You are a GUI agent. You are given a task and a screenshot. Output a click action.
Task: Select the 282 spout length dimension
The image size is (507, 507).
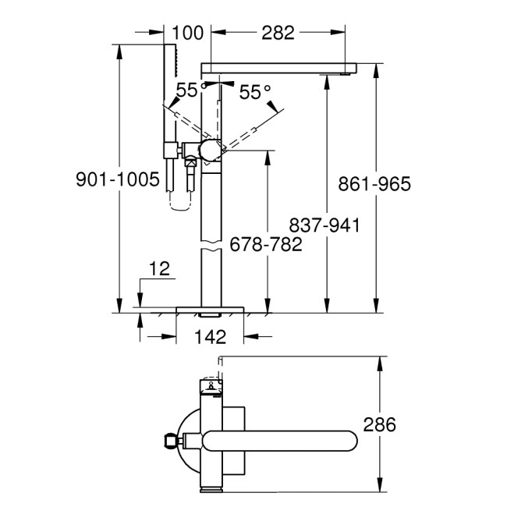[x=278, y=33]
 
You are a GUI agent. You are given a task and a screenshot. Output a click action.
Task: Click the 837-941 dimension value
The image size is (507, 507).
[x=324, y=225]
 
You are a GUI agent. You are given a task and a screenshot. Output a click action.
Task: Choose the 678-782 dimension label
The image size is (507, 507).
[x=266, y=244]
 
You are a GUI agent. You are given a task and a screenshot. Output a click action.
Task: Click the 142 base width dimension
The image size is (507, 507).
[x=210, y=337]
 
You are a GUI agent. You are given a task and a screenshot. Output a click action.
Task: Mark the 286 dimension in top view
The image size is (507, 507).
[x=380, y=424]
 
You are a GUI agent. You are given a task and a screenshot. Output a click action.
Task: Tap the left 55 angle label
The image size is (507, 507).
[x=186, y=91]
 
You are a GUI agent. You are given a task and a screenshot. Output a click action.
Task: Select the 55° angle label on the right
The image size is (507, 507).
[x=254, y=93]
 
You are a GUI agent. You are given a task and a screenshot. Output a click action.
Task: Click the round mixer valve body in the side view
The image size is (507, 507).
[x=211, y=150]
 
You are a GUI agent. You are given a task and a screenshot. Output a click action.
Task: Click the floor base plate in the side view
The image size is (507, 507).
[x=211, y=310]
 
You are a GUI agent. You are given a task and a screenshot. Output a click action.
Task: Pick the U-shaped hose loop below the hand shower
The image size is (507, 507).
[x=179, y=205]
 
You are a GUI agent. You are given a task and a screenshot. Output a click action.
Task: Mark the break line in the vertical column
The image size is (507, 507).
[x=211, y=249]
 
